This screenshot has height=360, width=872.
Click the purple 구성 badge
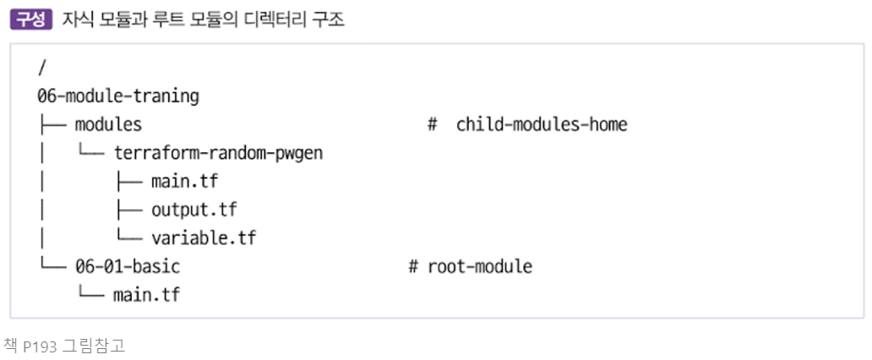click(31, 19)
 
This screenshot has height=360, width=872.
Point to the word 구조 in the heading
click(329, 19)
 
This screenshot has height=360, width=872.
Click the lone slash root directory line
click(41, 67)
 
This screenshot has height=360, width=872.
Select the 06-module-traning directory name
click(118, 95)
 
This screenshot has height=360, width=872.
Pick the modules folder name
click(108, 124)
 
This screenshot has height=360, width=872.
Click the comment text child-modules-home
click(542, 124)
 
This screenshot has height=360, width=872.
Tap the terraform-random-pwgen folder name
click(218, 153)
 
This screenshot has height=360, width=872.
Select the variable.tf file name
click(204, 238)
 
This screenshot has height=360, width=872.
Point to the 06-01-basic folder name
click(128, 266)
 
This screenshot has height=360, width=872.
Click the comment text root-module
click(480, 266)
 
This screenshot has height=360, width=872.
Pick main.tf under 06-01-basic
click(146, 295)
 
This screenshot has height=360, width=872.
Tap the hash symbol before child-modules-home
click(432, 124)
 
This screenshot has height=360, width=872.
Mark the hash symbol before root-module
click(413, 266)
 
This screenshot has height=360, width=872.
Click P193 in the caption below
click(38, 345)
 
